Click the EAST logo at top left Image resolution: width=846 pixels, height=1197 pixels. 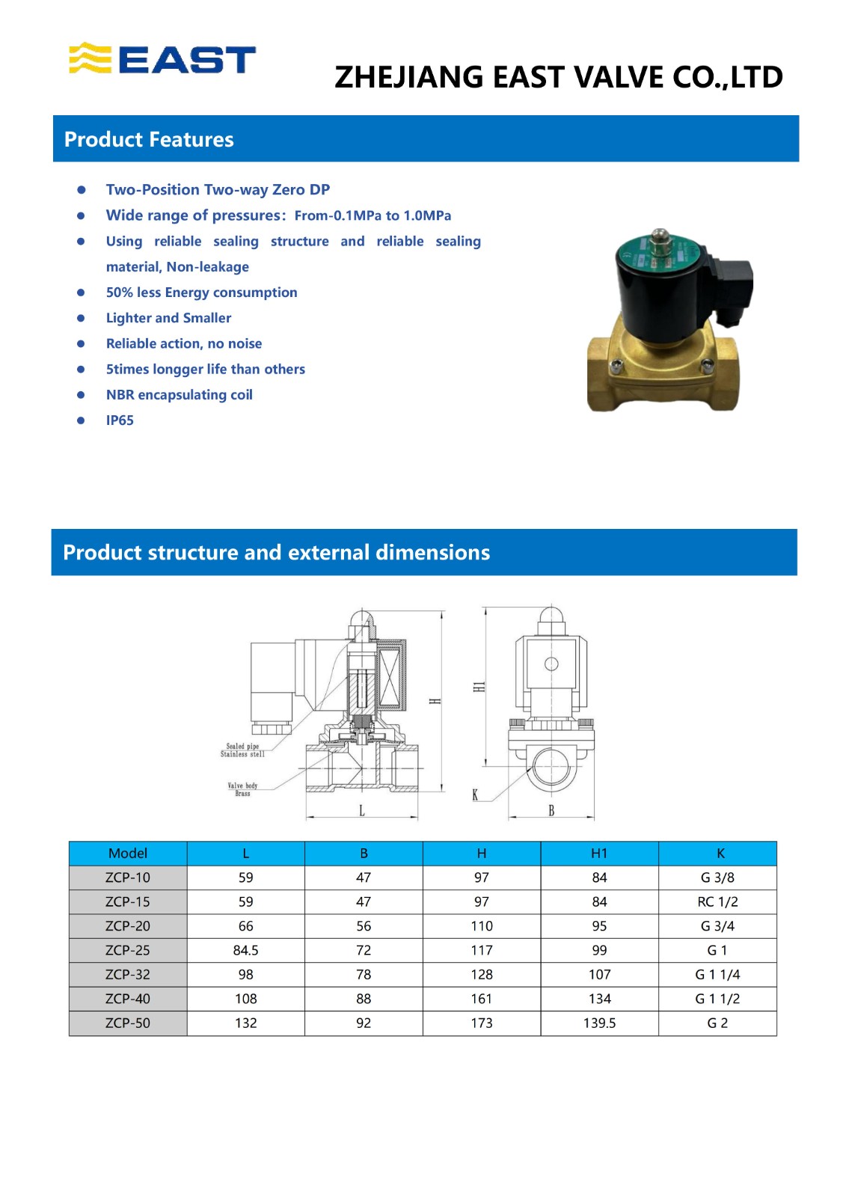pos(162,59)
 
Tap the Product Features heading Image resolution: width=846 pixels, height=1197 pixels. pos(149,140)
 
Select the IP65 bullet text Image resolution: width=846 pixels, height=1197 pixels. pos(120,420)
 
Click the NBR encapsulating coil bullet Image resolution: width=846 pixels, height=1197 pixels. pos(179,395)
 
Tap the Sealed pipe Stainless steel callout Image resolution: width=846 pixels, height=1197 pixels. pos(242,750)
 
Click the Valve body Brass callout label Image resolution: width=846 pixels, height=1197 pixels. pos(242,789)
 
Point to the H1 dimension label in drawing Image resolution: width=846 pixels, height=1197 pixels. pos(479,687)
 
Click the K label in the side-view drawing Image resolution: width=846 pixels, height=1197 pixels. pos(475,795)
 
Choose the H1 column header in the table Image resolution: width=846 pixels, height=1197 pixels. pos(599,854)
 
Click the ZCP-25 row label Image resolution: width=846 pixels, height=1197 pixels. pos(128,950)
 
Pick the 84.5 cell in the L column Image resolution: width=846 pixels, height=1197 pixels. pos(245,950)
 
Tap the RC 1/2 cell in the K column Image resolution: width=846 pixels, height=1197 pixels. pos(717,901)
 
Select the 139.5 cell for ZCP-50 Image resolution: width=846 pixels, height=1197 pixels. pos(599,1023)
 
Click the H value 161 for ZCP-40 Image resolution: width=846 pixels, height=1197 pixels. pos(482,999)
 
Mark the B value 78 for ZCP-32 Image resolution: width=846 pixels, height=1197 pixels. pos(364,974)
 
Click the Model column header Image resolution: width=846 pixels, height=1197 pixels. pos(128,854)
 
